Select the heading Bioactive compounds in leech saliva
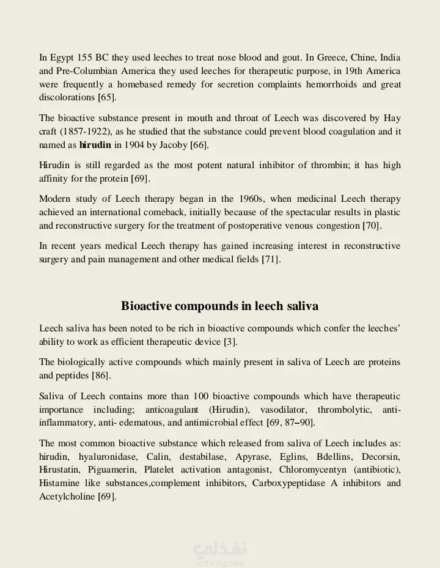(x=219, y=306)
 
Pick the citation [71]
(x=271, y=259)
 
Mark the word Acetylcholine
(x=67, y=497)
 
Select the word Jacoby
(x=172, y=145)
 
